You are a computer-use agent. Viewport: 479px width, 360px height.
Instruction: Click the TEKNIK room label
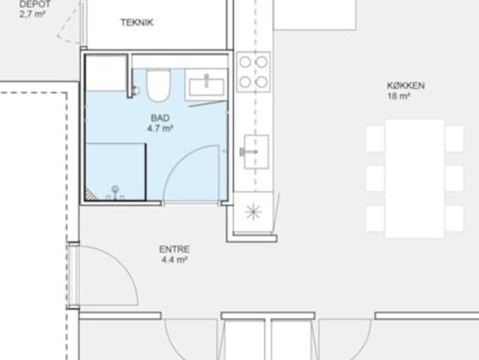tap(137, 22)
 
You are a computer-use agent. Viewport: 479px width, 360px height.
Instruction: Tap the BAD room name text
tap(160, 118)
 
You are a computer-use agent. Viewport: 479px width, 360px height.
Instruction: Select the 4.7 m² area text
tap(160, 128)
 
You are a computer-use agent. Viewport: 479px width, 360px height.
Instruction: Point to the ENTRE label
tap(174, 249)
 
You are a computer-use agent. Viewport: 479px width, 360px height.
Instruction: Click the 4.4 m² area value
tap(174, 259)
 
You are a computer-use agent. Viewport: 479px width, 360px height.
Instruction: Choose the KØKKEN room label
tap(406, 85)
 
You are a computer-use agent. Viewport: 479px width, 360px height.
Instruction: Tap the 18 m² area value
tap(399, 96)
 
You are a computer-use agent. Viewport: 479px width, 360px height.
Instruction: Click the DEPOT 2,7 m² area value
tap(32, 14)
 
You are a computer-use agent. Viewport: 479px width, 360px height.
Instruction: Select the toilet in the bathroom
tap(158, 85)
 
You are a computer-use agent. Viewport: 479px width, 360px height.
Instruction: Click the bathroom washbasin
tap(207, 86)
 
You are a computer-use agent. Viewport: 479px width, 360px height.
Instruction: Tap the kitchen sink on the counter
tap(256, 151)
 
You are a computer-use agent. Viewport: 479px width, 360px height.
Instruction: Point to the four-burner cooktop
tap(253, 72)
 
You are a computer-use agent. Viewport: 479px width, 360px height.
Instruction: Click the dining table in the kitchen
tap(415, 178)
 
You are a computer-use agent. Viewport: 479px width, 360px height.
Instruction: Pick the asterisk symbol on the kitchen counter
tap(253, 211)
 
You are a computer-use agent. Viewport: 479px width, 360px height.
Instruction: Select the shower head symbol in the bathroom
tap(115, 193)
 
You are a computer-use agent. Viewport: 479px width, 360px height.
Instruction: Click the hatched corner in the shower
tap(90, 195)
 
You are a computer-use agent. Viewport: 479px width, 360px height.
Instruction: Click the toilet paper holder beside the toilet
tap(136, 91)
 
